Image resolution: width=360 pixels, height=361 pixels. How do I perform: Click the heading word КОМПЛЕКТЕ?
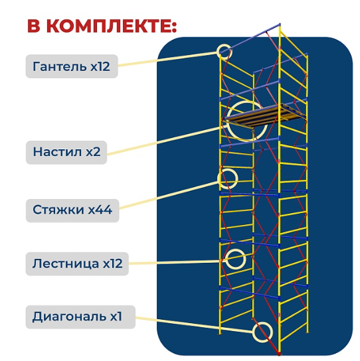coord(108,27)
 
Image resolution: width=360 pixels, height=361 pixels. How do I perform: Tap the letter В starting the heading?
coord(34,27)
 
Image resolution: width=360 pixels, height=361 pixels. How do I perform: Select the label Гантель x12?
coord(72,66)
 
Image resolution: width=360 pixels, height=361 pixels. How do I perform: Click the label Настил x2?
coord(66,152)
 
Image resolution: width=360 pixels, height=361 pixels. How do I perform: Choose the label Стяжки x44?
coord(72,210)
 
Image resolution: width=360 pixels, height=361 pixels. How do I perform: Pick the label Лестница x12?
coord(77,263)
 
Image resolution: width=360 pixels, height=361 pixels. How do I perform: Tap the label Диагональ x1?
coord(80,317)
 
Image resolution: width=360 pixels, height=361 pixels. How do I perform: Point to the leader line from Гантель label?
coord(167,59)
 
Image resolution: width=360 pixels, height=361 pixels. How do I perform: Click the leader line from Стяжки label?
coord(169,195)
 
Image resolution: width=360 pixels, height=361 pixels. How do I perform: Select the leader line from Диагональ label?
coord(194,325)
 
